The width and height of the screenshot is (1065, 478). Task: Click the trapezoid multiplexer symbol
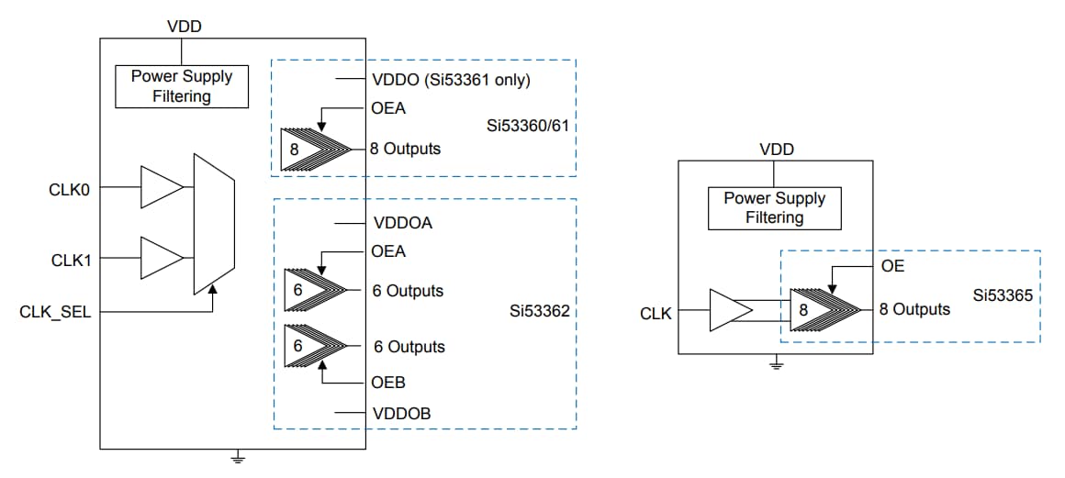coord(214,224)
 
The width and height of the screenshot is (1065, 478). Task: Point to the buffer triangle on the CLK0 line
coord(160,187)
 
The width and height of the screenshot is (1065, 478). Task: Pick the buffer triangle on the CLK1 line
coord(160,258)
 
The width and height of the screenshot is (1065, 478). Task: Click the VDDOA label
coord(402,223)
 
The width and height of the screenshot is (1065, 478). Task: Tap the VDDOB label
coord(402,414)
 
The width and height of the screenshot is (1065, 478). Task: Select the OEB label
coord(388,383)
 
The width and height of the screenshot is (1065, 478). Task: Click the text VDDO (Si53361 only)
coord(452,79)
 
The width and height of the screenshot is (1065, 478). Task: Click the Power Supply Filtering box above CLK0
coord(182,86)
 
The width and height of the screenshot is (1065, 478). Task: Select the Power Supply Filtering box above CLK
coord(774,208)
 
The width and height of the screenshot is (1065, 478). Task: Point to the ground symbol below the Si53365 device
coord(776,366)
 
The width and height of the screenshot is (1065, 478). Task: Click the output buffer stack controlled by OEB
coord(314,347)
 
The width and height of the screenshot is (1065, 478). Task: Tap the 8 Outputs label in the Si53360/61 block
coord(405,149)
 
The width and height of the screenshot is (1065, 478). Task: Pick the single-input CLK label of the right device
coord(656,314)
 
